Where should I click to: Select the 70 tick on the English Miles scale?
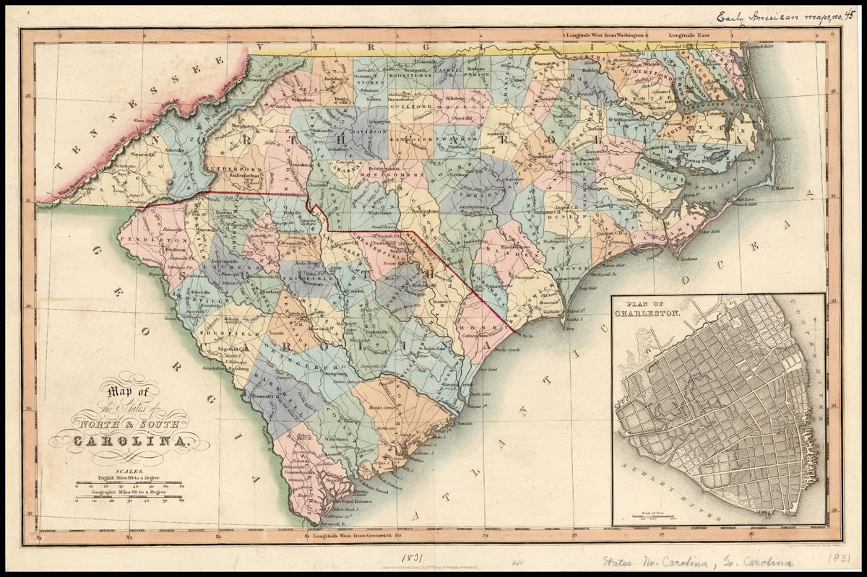181,487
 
